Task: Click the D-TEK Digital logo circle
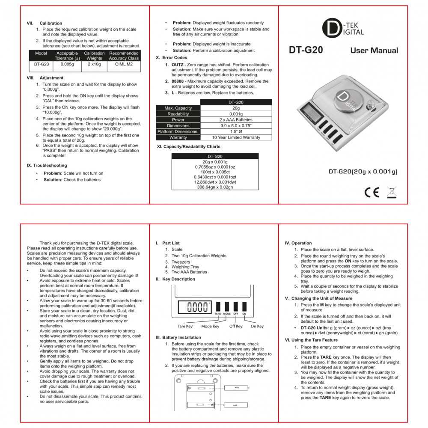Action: (333, 29)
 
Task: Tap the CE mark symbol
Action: (372, 192)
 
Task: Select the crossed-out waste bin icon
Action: (391, 192)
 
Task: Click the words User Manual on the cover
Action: (374, 51)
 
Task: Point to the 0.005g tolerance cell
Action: (67, 65)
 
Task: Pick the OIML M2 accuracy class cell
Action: (124, 65)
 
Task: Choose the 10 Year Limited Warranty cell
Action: (236, 137)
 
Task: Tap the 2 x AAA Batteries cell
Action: (236, 120)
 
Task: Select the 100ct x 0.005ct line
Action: (215, 172)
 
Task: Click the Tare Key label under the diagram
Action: (185, 326)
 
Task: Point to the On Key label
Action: (257, 326)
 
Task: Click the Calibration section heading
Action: (51, 23)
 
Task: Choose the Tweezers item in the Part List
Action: (181, 262)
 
